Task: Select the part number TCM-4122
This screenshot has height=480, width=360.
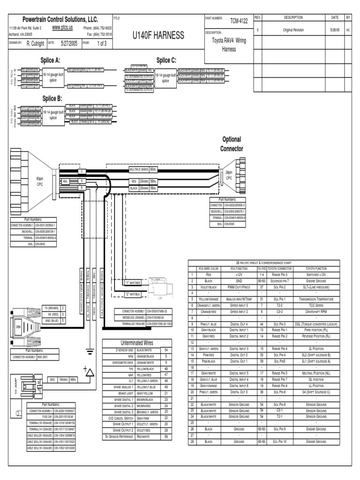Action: tap(238, 21)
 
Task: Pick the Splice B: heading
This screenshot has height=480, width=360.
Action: tap(52, 98)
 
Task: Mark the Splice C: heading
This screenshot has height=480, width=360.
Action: tap(166, 60)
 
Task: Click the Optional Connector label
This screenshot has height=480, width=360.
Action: tap(232, 144)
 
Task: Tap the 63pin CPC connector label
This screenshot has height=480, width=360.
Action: tap(40, 181)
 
